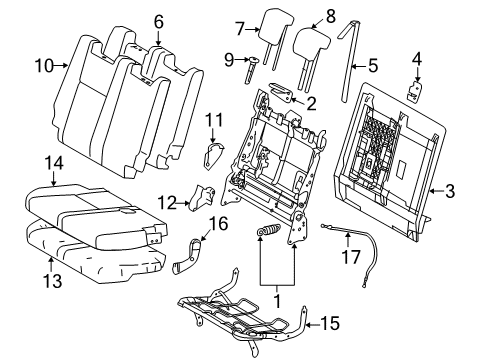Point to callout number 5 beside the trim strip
371,68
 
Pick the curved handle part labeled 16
191,255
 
